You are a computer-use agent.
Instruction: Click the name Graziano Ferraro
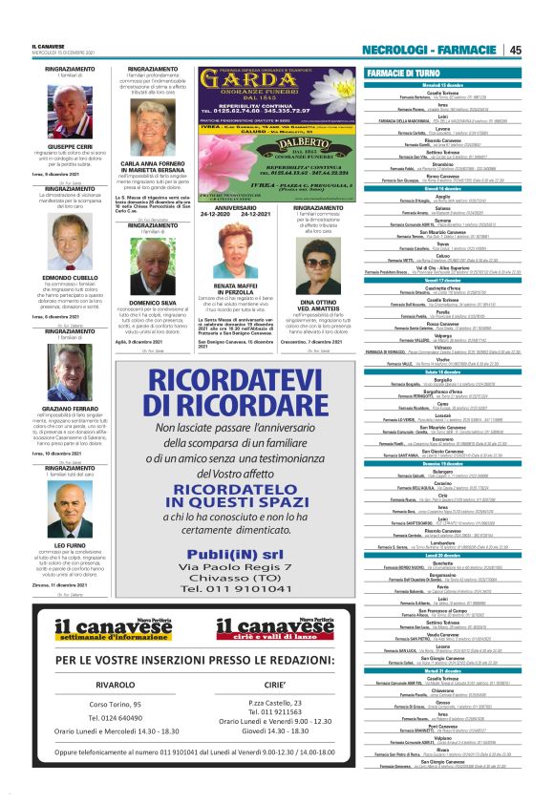(x=70, y=408)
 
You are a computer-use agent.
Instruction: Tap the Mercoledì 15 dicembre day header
(x=449, y=85)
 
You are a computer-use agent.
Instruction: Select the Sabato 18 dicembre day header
(x=449, y=371)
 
